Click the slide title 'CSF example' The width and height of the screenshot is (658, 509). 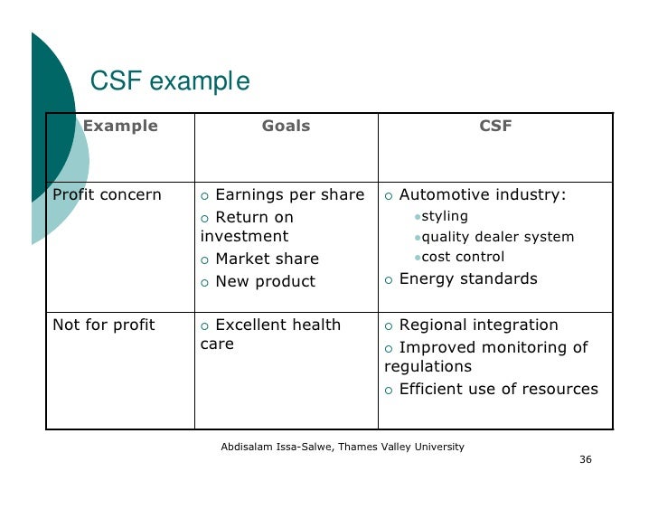pyautogui.click(x=169, y=83)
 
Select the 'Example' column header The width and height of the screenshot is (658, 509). pyautogui.click(x=120, y=127)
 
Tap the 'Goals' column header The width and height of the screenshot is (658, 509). pyautogui.click(x=286, y=127)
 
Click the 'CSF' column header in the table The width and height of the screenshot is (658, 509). pyautogui.click(x=495, y=127)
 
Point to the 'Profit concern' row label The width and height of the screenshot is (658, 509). pyautogui.click(x=107, y=195)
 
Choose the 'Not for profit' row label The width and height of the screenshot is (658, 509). pyautogui.click(x=104, y=325)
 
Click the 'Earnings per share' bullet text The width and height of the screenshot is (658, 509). pyautogui.click(x=289, y=195)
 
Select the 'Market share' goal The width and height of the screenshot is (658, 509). pyautogui.click(x=267, y=259)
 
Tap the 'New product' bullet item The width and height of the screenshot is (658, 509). pyautogui.click(x=265, y=281)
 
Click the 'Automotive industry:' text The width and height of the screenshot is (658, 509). pyautogui.click(x=483, y=195)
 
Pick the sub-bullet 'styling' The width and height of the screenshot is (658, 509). pyautogui.click(x=445, y=216)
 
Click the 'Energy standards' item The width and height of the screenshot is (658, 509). pyautogui.click(x=467, y=278)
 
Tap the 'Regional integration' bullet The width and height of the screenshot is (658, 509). pyautogui.click(x=478, y=325)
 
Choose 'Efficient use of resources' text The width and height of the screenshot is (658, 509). pyautogui.click(x=498, y=389)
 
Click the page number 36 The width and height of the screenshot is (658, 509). pyautogui.click(x=585, y=459)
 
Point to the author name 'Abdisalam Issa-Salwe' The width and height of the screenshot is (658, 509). pyautogui.click(x=276, y=447)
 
